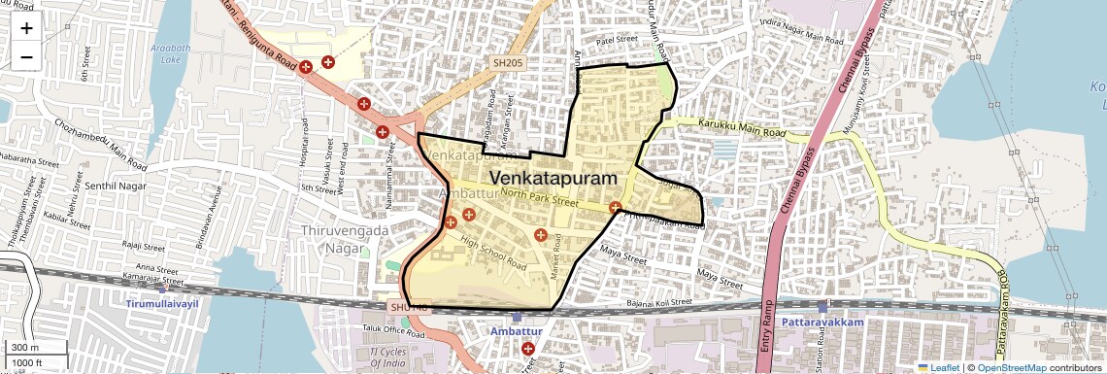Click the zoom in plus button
click(x=26, y=27)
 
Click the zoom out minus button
click(x=26, y=56)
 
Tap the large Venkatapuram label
click(x=553, y=179)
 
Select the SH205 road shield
click(x=507, y=63)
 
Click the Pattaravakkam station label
click(x=816, y=319)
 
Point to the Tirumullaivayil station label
click(x=163, y=304)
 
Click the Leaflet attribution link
click(x=938, y=367)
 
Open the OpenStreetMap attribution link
click(x=1013, y=367)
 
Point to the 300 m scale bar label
click(x=26, y=348)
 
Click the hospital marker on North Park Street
click(x=615, y=207)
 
